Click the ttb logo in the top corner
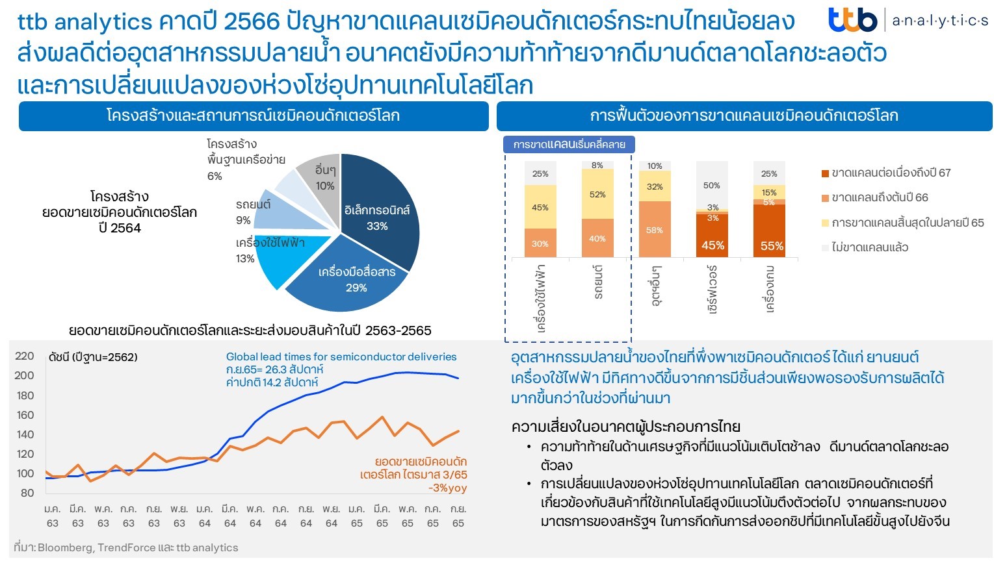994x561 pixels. coord(852,20)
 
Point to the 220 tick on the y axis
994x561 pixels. coord(25,356)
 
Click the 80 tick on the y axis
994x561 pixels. coord(27,493)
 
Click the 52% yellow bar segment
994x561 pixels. coord(597,194)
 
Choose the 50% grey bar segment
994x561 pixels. coord(712,186)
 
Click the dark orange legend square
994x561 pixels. coord(826,173)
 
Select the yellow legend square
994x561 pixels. coord(826,223)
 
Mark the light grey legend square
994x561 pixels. coord(826,247)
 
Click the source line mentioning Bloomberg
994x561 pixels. coord(126,547)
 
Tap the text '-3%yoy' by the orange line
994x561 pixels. coord(447,488)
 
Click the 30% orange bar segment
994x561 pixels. coord(540,243)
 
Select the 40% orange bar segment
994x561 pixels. coord(597,238)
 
